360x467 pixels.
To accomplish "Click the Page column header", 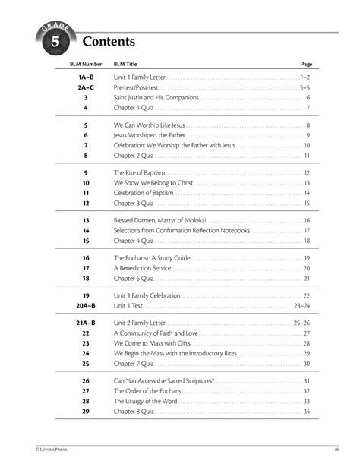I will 307,65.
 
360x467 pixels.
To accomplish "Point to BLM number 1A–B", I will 86,78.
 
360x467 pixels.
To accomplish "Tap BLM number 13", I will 86,219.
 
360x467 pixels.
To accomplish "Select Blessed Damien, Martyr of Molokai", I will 163,219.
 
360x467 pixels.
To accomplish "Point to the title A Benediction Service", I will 144,268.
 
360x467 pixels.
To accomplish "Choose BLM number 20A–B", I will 84,304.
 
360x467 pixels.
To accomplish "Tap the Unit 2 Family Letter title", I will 140,323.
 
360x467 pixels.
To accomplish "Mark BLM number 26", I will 86,380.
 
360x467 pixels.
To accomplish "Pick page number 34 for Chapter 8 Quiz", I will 306,411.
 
